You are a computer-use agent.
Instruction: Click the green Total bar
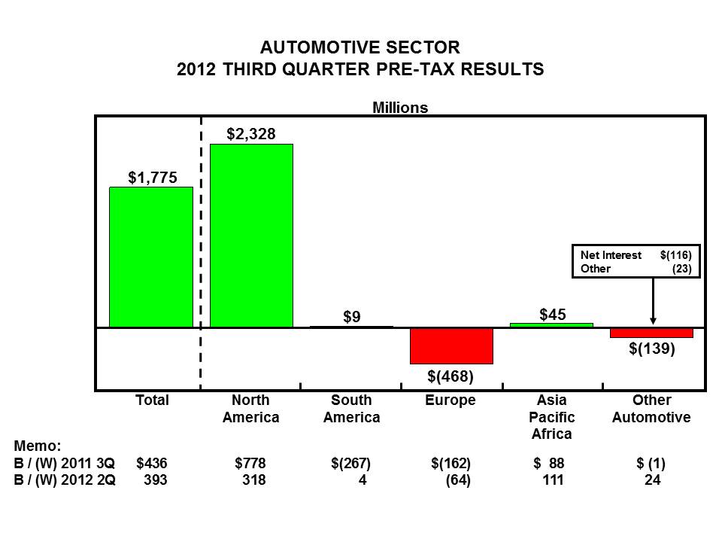pyautogui.click(x=151, y=257)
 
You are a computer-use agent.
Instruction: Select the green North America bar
pyautogui.click(x=251, y=236)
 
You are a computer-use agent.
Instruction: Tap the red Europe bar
pyautogui.click(x=451, y=346)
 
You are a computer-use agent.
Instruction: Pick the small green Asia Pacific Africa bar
pyautogui.click(x=551, y=325)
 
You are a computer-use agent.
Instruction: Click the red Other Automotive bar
pyautogui.click(x=651, y=333)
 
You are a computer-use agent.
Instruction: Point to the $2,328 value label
pyautogui.click(x=251, y=134)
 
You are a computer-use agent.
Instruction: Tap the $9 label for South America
pyautogui.click(x=351, y=317)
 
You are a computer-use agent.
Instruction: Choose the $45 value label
pyautogui.click(x=553, y=313)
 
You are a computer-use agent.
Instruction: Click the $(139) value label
pyautogui.click(x=652, y=349)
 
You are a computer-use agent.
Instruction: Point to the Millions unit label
pyautogui.click(x=400, y=108)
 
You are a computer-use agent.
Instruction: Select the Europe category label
pyautogui.click(x=450, y=400)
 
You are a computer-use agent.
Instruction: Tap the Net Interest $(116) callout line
pyautogui.click(x=636, y=255)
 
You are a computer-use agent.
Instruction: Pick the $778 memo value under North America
pyautogui.click(x=250, y=464)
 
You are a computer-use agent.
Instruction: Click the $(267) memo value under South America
pyautogui.click(x=351, y=464)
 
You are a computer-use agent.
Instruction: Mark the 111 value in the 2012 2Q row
pyautogui.click(x=553, y=481)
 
